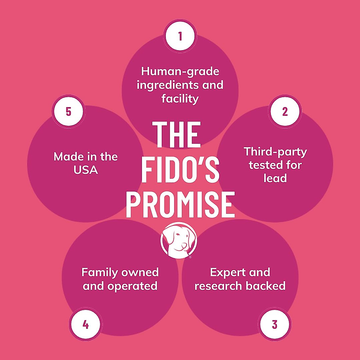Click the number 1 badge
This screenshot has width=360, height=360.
point(180,36)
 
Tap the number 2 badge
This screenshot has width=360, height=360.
point(285,112)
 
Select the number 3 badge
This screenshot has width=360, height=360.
point(274,325)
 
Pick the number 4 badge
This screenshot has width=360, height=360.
point(85,325)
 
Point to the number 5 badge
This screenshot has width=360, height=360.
point(68,112)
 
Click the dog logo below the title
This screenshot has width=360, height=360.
point(179,240)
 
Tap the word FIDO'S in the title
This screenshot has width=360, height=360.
point(180,169)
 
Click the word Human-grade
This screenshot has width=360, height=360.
point(180,72)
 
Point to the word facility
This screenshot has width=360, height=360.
point(180,99)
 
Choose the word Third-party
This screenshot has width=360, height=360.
point(275,152)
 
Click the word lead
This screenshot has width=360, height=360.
point(275,178)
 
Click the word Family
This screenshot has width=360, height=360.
point(100,273)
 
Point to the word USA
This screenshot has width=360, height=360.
point(86,170)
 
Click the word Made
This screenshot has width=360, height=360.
point(68,157)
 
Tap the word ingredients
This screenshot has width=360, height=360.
point(168,85)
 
